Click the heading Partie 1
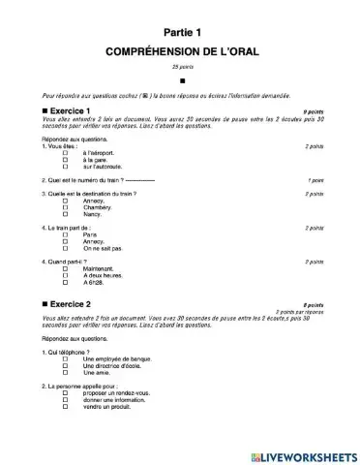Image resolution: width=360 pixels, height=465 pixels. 180,32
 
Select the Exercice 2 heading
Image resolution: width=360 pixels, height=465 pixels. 77,303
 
